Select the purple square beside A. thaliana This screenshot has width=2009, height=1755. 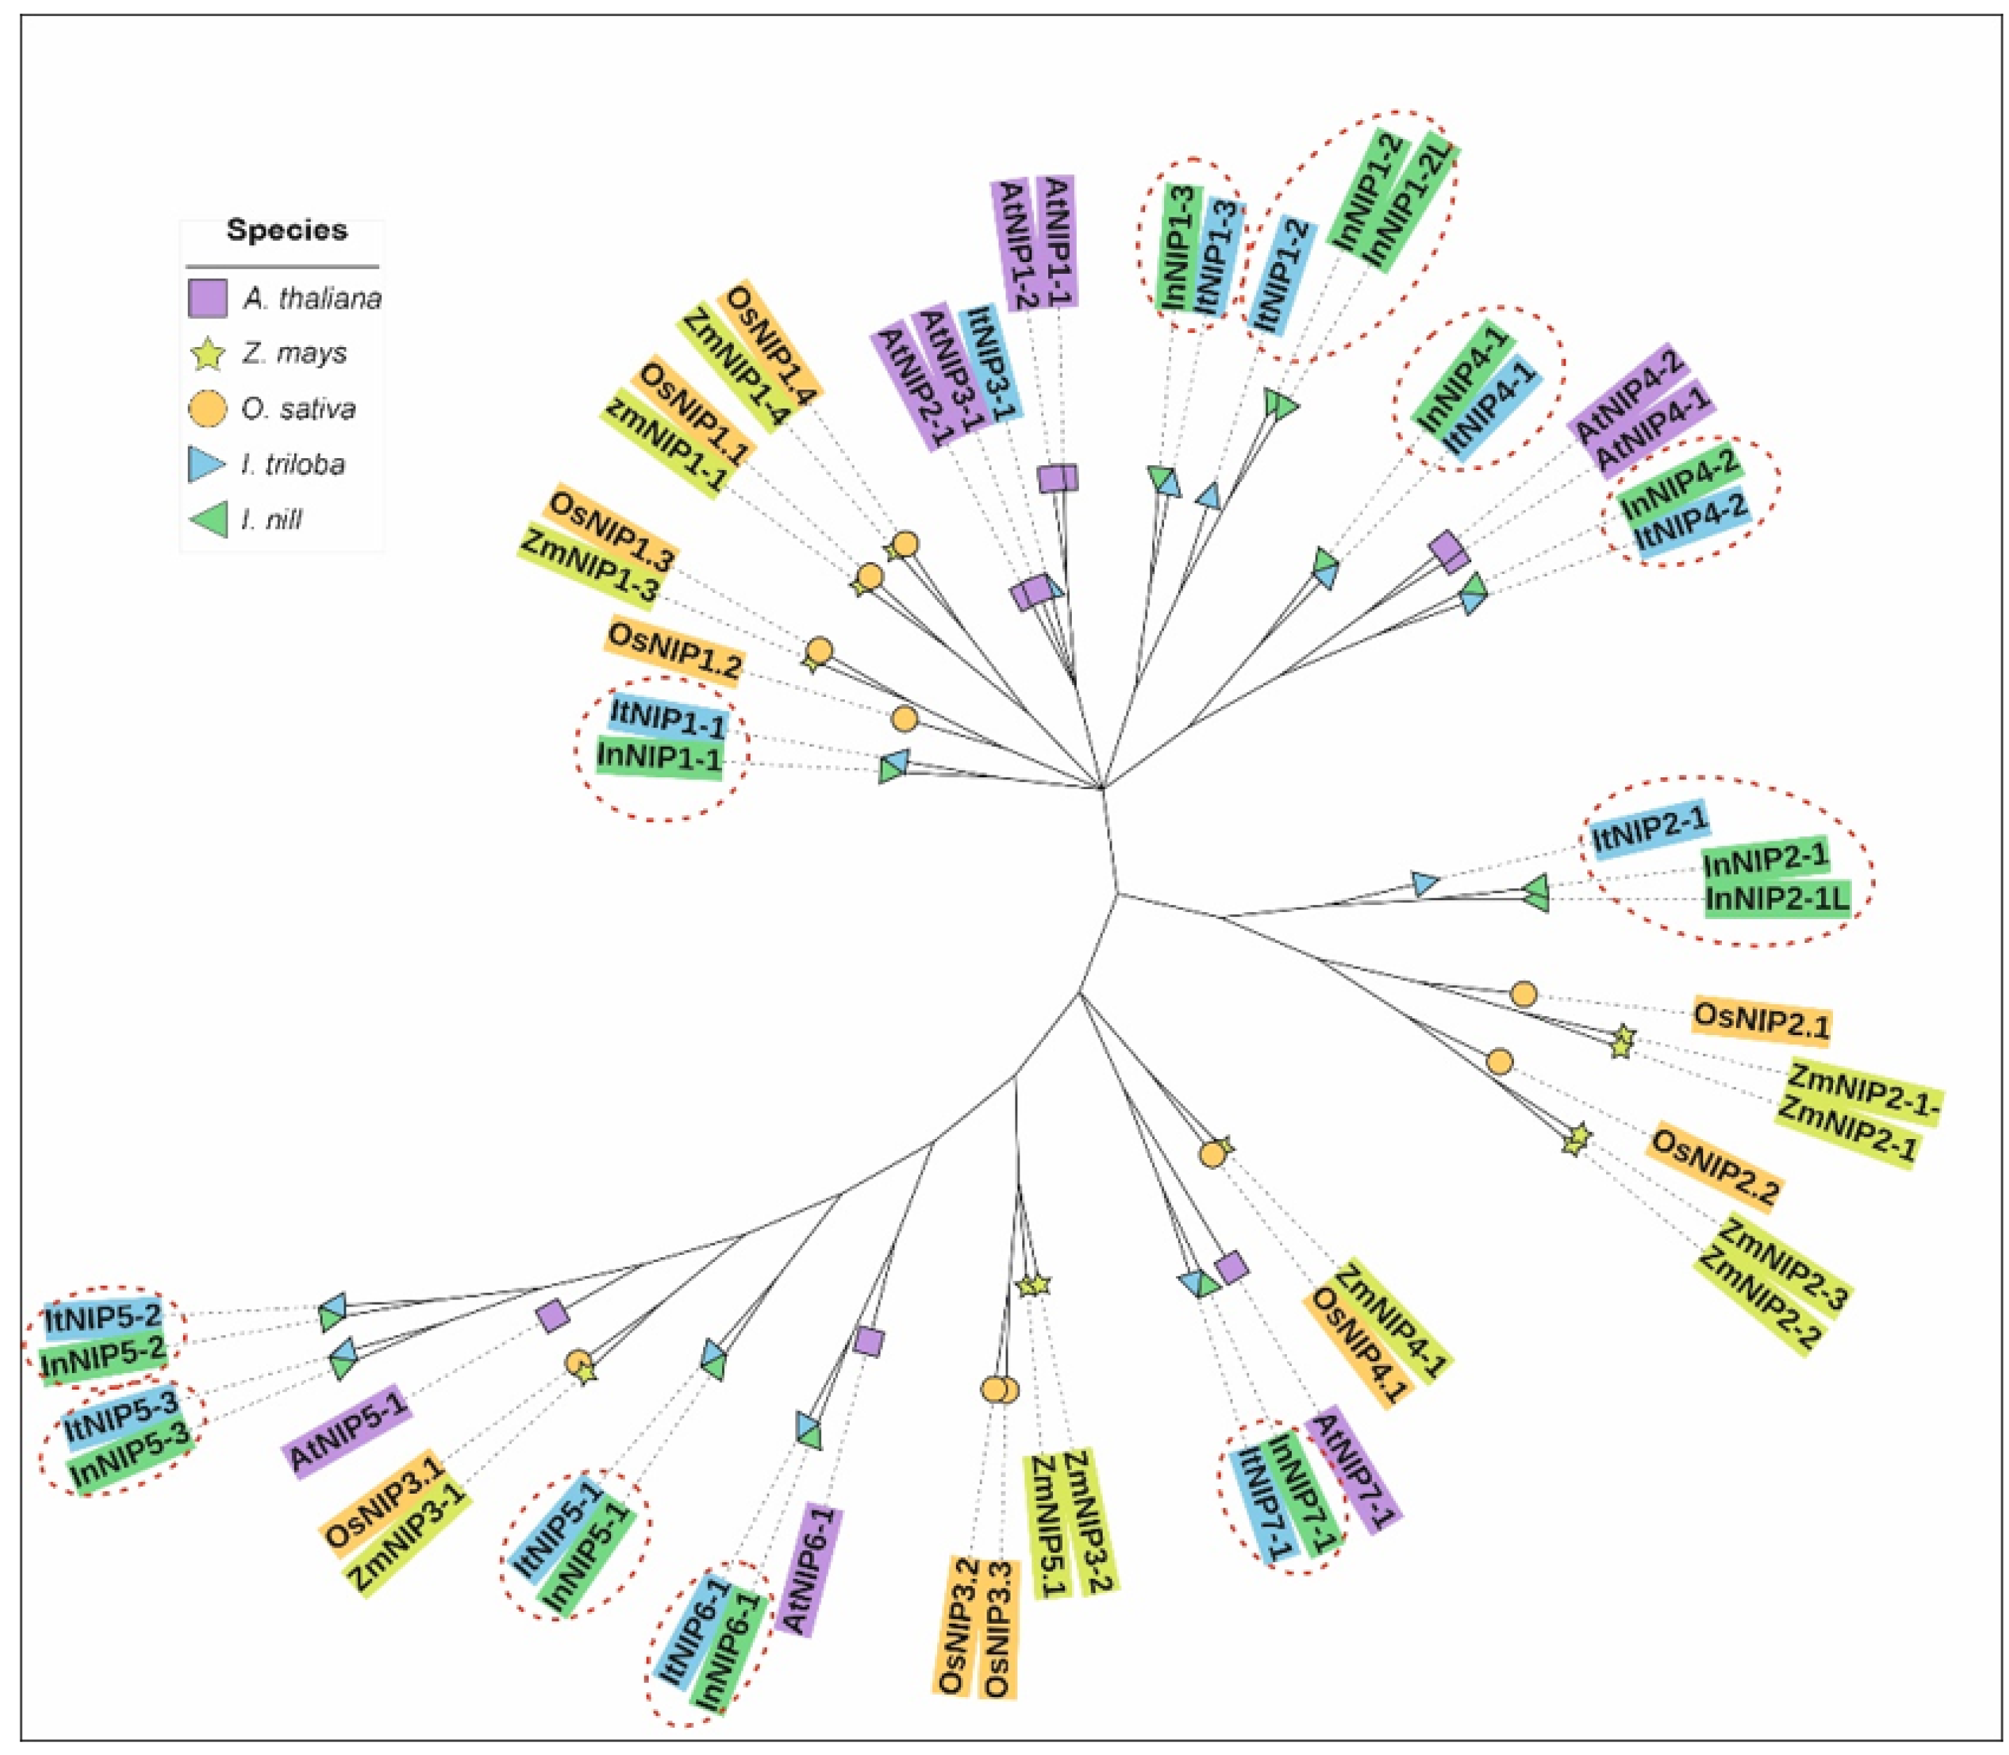point(207,298)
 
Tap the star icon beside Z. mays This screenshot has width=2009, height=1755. point(207,353)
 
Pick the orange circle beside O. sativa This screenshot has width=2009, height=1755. point(207,409)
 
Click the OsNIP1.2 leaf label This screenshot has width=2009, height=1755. point(675,648)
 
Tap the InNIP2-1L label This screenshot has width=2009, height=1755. point(1777,898)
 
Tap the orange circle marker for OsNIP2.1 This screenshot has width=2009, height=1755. point(1522,994)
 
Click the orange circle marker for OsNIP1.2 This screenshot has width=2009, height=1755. point(904,719)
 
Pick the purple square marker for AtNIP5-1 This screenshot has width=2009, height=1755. point(553,1316)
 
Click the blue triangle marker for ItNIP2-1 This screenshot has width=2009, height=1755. point(1425,883)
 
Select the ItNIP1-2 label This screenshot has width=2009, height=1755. point(1279,277)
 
